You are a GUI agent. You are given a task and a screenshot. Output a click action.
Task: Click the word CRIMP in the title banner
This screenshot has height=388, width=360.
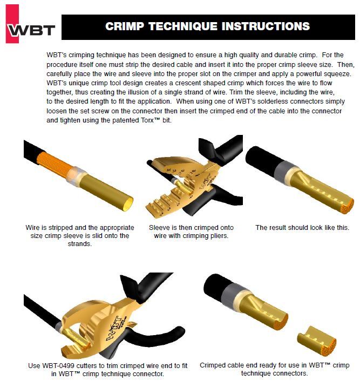127,26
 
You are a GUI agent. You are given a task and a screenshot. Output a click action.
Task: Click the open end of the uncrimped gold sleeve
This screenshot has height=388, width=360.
128,199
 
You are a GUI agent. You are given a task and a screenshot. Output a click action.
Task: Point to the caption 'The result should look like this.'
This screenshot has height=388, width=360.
302,228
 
